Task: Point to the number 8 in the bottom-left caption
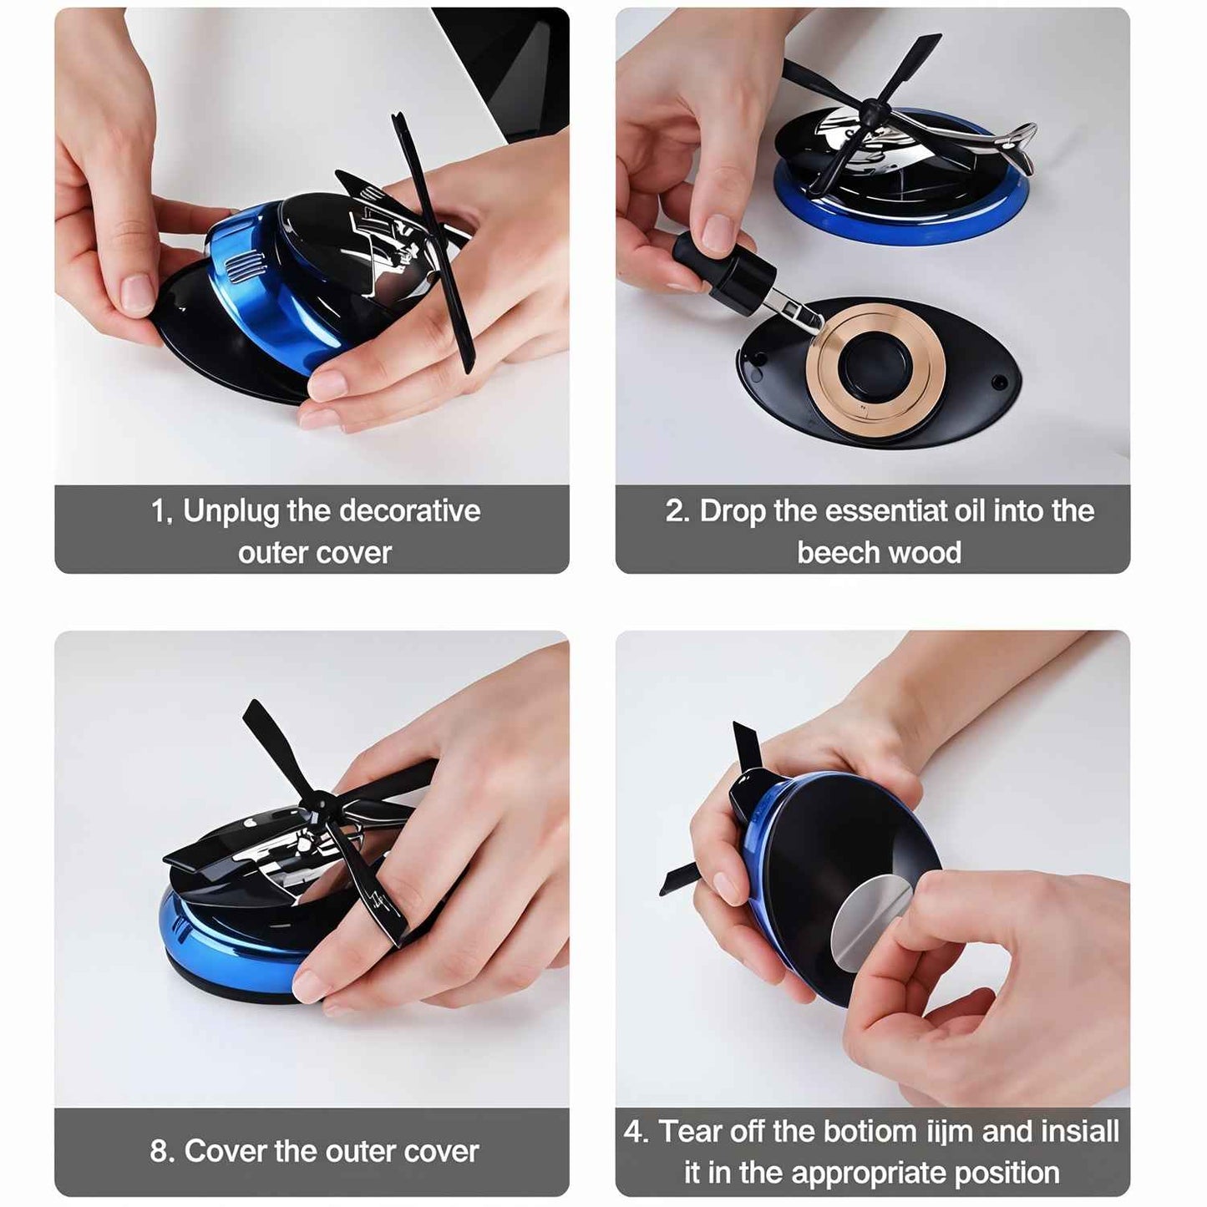coord(160,1151)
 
